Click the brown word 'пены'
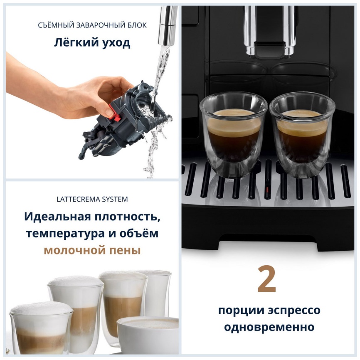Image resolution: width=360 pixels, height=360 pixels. point(125,251)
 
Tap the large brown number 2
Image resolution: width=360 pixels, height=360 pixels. point(266,279)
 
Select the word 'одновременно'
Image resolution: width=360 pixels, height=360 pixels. point(269,327)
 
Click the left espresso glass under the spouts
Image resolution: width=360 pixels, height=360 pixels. point(234,133)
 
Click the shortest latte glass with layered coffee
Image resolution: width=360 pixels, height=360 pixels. point(41,328)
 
